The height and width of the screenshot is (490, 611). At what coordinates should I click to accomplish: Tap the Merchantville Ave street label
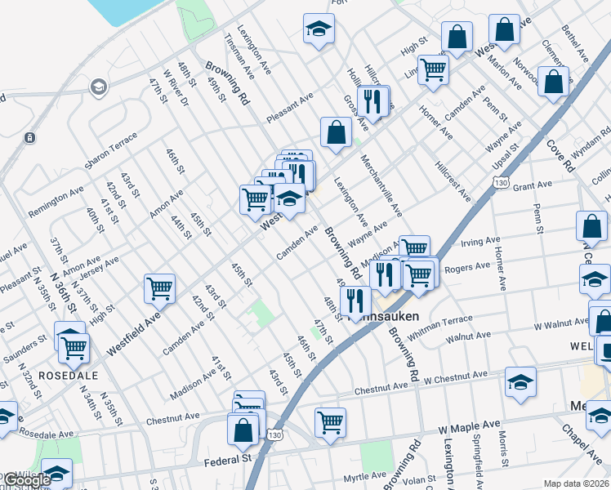pyautogui.click(x=381, y=186)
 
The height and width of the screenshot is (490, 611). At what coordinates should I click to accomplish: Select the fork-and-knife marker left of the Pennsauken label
pyautogui.click(x=355, y=300)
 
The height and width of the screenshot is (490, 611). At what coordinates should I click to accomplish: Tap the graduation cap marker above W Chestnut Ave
pyautogui.click(x=520, y=381)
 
